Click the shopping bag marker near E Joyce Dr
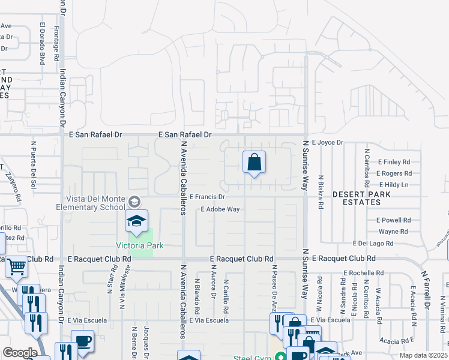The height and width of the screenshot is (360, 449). pyautogui.click(x=254, y=162)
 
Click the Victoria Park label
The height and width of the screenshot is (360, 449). pyautogui.click(x=140, y=246)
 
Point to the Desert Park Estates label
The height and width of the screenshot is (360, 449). pyautogui.click(x=361, y=199)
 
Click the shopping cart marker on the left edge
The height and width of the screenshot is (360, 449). pyautogui.click(x=17, y=266)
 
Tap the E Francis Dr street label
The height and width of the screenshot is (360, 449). pyautogui.click(x=207, y=196)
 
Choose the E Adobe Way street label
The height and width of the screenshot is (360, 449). pyautogui.click(x=220, y=209)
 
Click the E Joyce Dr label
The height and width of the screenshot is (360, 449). pyautogui.click(x=327, y=143)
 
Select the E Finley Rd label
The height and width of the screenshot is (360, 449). pyautogui.click(x=394, y=162)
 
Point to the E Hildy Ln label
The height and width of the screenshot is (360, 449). pyautogui.click(x=393, y=185)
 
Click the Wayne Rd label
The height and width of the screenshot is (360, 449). pyautogui.click(x=393, y=231)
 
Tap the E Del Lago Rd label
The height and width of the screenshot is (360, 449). pyautogui.click(x=376, y=244)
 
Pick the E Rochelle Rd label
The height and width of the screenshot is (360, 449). pyautogui.click(x=363, y=272)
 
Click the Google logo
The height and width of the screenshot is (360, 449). pyautogui.click(x=19, y=353)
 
